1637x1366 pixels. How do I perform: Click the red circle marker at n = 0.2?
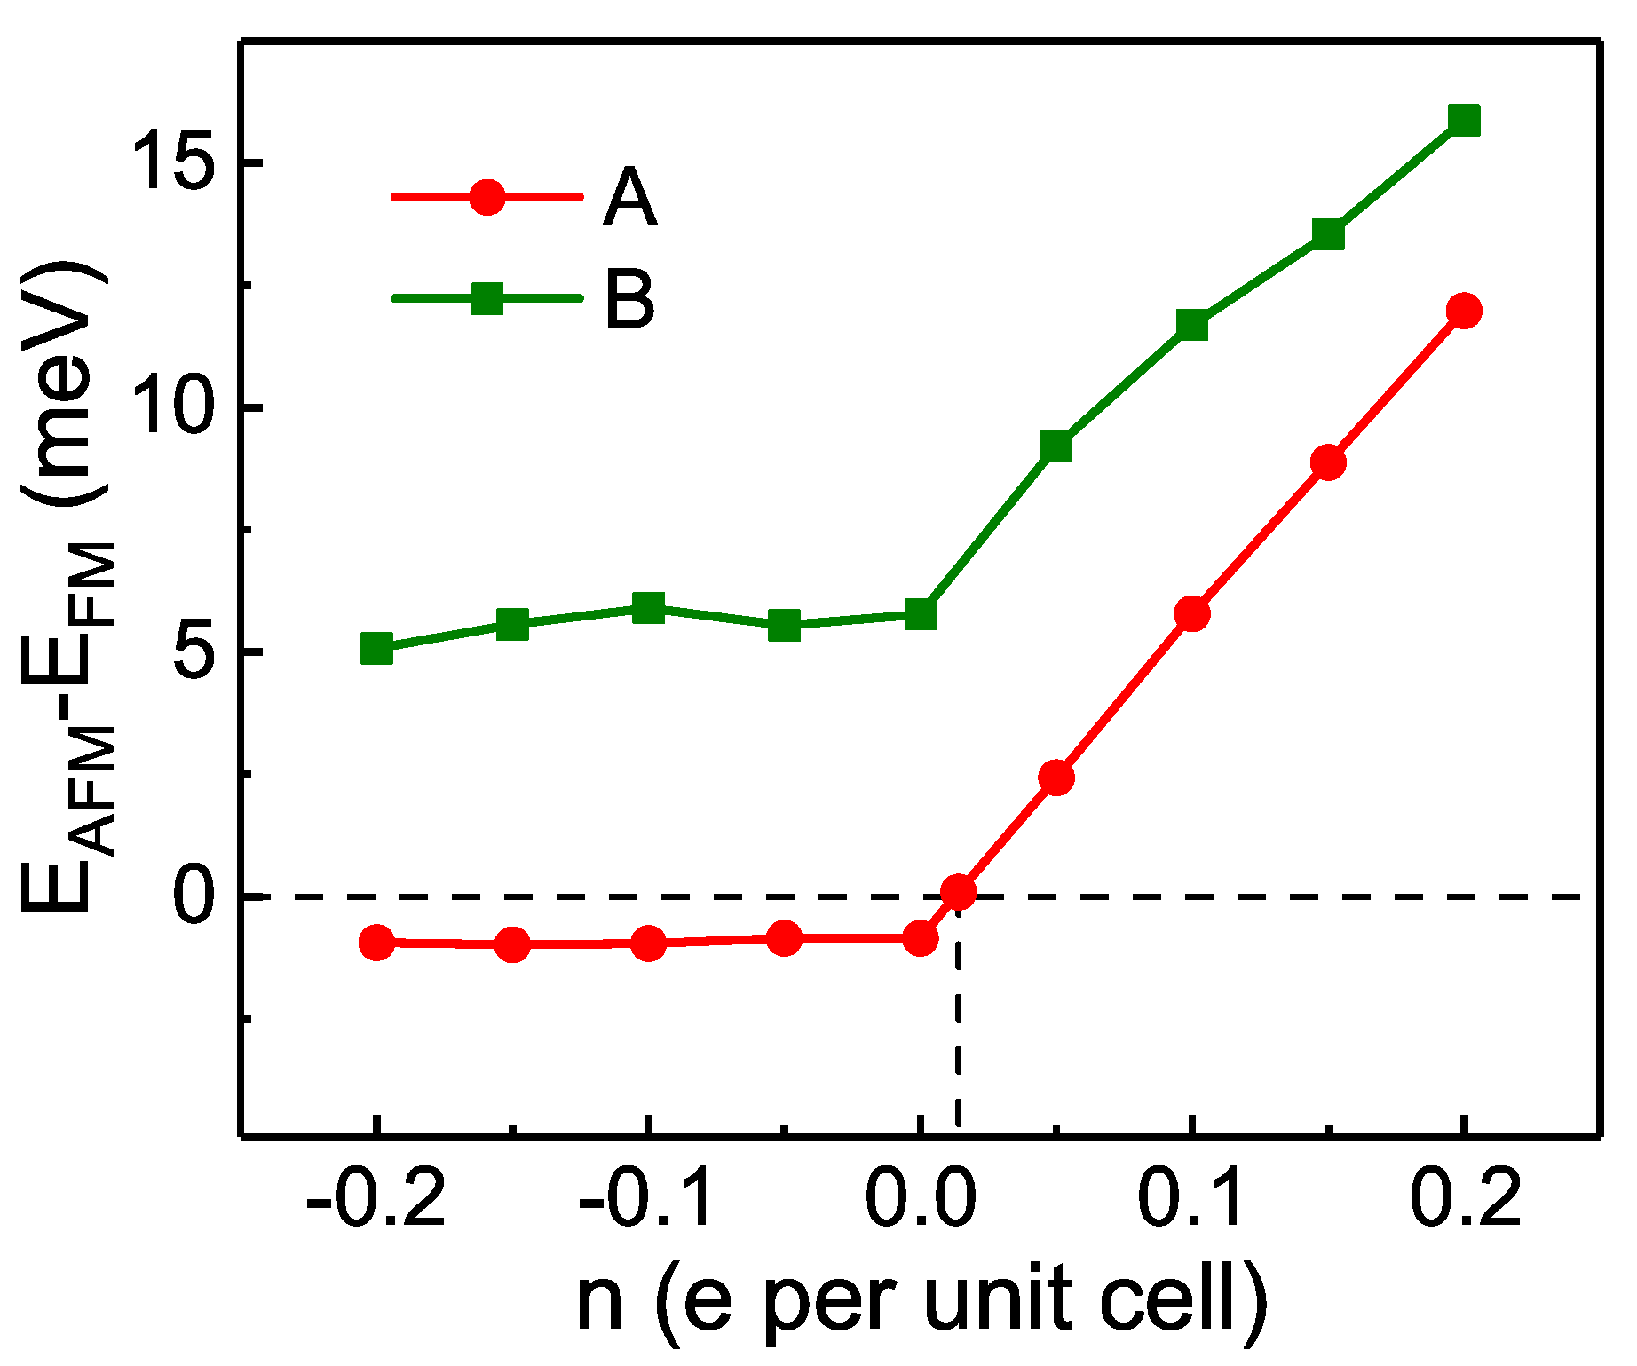[1463, 310]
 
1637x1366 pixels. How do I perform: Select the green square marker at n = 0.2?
[1463, 120]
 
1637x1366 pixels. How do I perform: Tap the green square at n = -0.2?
[377, 649]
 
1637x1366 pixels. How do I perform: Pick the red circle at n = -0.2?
[377, 943]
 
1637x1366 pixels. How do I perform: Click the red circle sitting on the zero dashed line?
[959, 891]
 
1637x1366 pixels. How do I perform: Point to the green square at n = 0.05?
[1056, 446]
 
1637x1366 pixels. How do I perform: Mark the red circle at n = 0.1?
[1192, 613]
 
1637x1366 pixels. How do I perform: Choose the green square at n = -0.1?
[649, 609]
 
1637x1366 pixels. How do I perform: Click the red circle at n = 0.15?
[1328, 462]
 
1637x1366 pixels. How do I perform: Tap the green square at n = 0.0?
[921, 614]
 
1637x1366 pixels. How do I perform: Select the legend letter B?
[630, 300]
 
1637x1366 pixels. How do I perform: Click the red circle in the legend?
[487, 197]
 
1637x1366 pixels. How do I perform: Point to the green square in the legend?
[487, 298]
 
